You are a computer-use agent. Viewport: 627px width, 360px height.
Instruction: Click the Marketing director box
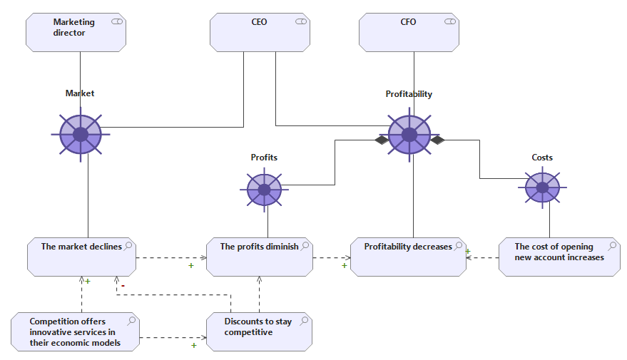[x=76, y=32]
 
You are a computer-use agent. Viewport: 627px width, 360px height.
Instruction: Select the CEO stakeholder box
[x=260, y=32]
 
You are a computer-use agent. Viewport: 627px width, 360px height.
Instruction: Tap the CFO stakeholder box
[x=409, y=32]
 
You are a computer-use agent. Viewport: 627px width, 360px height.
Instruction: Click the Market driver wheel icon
[x=81, y=135]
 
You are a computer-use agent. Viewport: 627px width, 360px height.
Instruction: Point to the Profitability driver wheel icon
[x=409, y=135]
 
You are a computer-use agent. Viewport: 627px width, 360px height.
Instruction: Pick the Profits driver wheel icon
[x=265, y=190]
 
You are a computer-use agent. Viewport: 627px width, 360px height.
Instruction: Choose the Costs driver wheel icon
[x=542, y=187]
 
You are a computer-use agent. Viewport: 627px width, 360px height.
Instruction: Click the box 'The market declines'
[x=81, y=257]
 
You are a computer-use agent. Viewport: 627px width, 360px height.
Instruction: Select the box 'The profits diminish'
[x=260, y=257]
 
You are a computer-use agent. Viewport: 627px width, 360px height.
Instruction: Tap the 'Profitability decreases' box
[x=408, y=257]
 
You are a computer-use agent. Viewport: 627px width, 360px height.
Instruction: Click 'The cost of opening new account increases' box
[x=559, y=257]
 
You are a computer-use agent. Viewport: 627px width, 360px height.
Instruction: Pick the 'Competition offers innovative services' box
[x=75, y=332]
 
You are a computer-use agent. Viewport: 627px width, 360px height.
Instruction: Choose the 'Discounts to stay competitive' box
[x=259, y=332]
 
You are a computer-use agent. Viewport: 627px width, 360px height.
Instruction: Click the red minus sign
[x=123, y=286]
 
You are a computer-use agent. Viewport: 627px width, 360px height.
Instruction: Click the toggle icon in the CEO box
[x=301, y=21]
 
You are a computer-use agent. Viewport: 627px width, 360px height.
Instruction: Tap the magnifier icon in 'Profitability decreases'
[x=458, y=246]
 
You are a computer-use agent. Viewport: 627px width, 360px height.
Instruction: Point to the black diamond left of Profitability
[x=382, y=140]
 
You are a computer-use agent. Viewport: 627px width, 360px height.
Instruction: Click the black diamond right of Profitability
[x=437, y=140]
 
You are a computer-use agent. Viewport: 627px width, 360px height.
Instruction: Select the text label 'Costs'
[x=542, y=158]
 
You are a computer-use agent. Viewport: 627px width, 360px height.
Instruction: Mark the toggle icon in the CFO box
[x=450, y=21]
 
